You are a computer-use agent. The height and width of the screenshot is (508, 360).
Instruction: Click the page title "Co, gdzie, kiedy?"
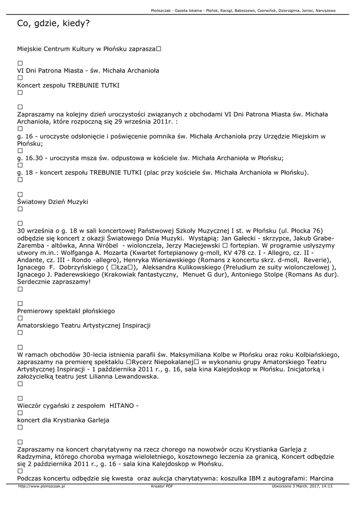53,23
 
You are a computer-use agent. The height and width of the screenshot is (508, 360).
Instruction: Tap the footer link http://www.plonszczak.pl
42,487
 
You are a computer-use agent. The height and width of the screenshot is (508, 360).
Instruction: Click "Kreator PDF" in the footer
162,487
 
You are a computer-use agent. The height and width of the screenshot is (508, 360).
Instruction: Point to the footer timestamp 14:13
327,487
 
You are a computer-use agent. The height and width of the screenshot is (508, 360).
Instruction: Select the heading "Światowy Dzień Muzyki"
52,202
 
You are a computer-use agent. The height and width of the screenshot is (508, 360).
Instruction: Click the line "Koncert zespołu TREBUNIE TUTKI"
68,85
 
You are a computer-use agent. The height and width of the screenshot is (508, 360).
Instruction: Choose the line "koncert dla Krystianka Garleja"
63,420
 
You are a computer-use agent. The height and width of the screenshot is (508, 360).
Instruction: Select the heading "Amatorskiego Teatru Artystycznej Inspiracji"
83,325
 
